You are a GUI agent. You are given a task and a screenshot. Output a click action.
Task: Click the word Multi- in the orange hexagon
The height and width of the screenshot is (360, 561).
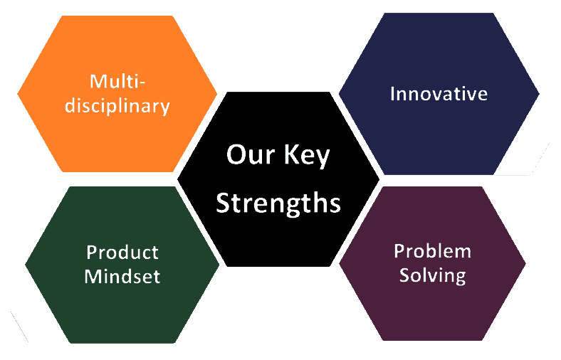coord(117,81)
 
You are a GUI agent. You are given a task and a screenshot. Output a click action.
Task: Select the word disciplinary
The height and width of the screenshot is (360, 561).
coord(117,106)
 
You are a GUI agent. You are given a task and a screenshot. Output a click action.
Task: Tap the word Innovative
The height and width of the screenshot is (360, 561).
coord(439,94)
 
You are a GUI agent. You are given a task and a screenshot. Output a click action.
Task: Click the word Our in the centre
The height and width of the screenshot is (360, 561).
coord(251,154)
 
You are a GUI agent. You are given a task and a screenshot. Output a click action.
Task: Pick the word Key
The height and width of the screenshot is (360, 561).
coord(307,156)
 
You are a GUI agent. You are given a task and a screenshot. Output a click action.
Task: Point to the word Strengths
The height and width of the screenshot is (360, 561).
coord(278,203)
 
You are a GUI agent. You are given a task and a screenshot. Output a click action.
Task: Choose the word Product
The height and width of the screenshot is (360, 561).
coord(122,253)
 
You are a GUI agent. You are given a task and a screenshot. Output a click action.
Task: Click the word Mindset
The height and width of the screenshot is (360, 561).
coord(122,276)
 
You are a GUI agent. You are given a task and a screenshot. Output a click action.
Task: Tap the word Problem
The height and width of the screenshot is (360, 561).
coord(433,251)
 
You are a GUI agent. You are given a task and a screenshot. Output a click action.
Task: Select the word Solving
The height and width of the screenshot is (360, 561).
coord(433,275)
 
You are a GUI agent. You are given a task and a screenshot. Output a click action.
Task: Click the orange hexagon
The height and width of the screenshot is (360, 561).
coord(117,94)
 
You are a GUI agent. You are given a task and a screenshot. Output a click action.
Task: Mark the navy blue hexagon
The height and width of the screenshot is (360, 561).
coord(439,94)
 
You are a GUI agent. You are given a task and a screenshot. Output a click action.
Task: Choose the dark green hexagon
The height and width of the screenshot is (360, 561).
coord(122,265)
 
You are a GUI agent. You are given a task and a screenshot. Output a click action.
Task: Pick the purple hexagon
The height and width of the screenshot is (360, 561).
coord(433,263)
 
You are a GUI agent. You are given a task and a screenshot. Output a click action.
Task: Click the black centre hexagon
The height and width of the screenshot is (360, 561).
coord(278,179)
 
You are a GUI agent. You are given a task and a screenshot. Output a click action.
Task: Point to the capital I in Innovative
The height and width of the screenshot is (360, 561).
coord(392,94)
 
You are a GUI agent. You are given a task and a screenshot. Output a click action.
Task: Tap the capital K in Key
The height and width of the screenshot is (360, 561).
coord(291,154)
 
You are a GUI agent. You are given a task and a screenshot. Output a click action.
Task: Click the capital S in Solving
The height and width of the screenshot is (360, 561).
coord(405,275)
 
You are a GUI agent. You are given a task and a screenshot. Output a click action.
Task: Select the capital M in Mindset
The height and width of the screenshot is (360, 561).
coord(93,276)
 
